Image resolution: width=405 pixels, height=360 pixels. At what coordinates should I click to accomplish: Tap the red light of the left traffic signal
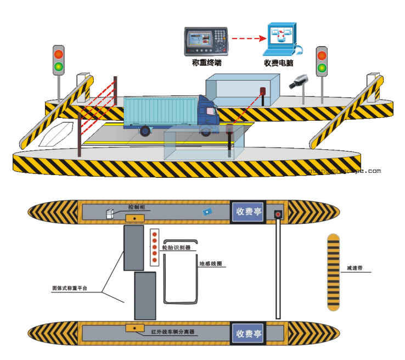[x=58, y=54]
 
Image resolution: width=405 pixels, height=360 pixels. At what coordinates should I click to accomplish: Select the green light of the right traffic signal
[x=322, y=68]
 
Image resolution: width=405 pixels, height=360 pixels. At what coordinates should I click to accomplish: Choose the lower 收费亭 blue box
[x=249, y=333]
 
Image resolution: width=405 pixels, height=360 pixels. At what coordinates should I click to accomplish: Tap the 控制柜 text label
[x=137, y=207]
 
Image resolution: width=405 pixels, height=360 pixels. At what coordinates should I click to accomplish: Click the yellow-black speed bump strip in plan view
[x=334, y=272]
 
